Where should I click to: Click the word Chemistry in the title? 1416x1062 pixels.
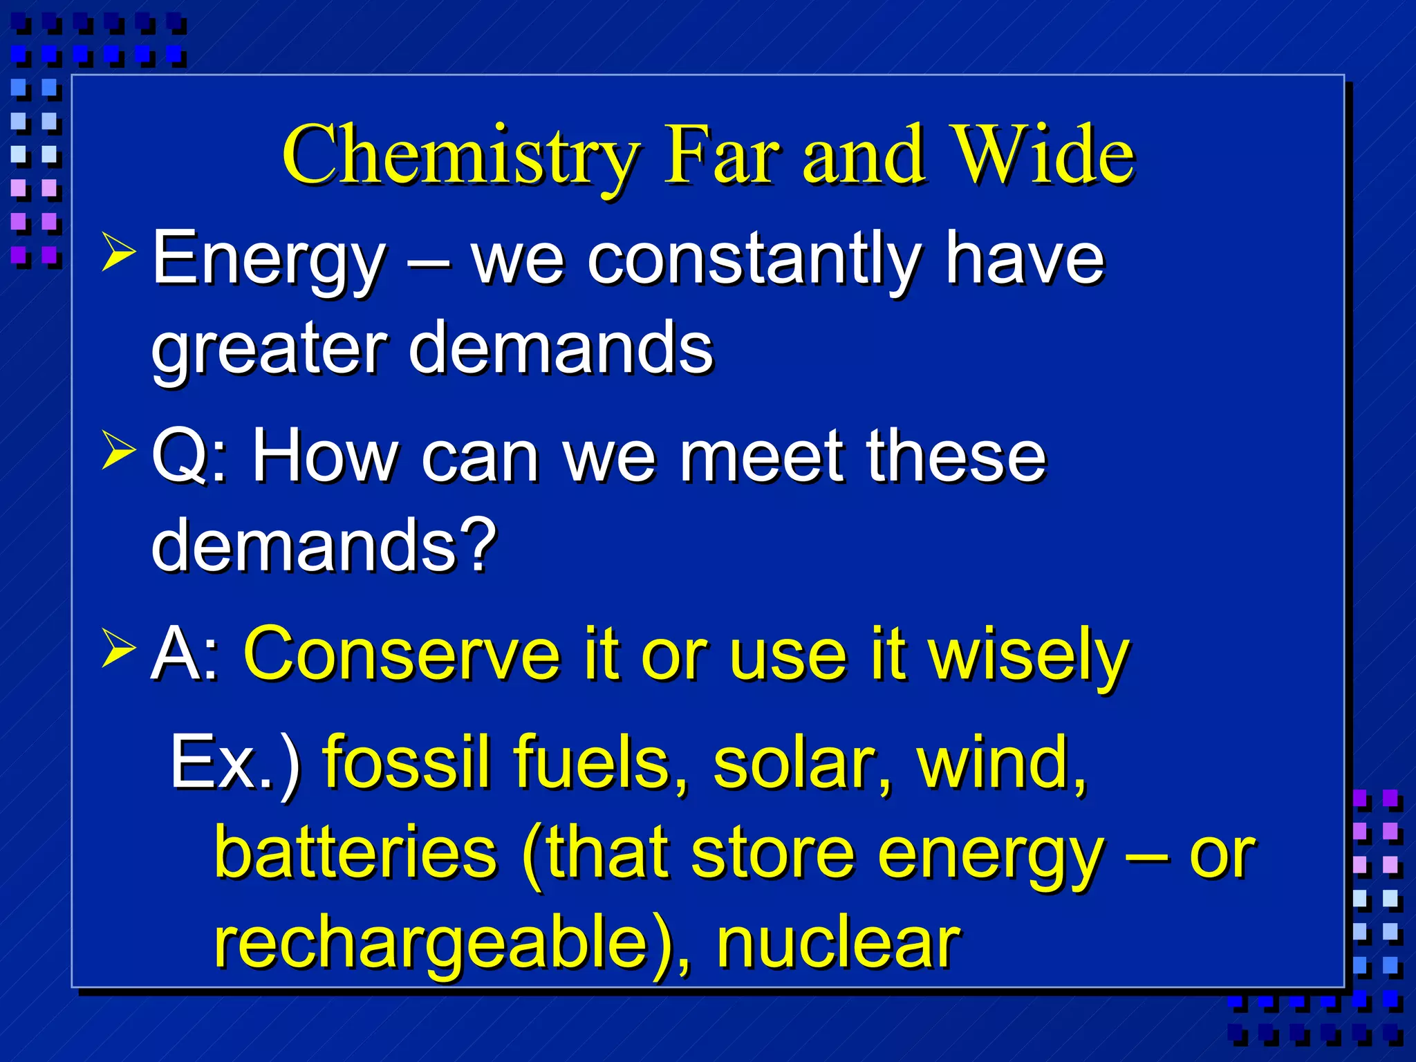point(460,156)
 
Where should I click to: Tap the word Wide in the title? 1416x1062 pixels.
point(1042,156)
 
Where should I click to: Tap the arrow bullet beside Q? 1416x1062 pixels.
point(118,450)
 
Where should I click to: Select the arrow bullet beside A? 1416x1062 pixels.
point(118,648)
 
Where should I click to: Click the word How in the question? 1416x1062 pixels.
point(324,456)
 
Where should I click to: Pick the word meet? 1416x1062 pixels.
point(764,456)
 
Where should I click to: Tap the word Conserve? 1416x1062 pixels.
point(402,654)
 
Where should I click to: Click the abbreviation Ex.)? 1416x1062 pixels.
point(235,763)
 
